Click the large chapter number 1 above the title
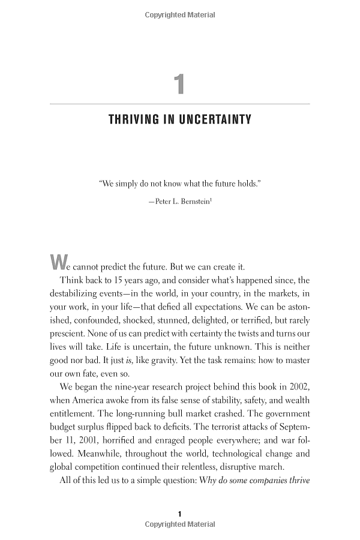click(179, 84)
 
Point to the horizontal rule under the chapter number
click(180, 104)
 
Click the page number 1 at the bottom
click(180, 514)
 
